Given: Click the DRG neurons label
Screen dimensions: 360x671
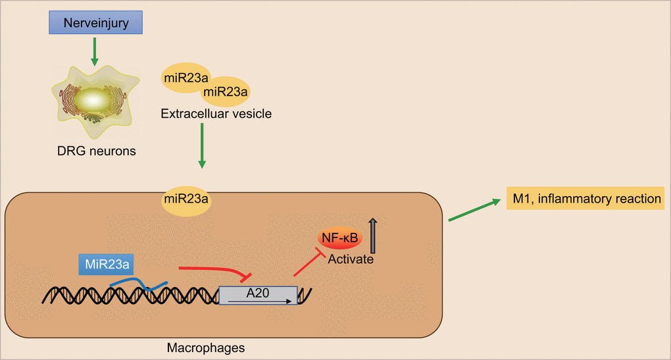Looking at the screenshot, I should pyautogui.click(x=96, y=151).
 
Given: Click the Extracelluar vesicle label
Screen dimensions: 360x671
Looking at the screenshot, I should pyautogui.click(x=216, y=114).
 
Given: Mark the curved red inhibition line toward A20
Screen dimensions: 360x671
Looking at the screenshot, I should pyautogui.click(x=214, y=269).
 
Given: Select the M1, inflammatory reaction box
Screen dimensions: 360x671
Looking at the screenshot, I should pyautogui.click(x=584, y=199).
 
